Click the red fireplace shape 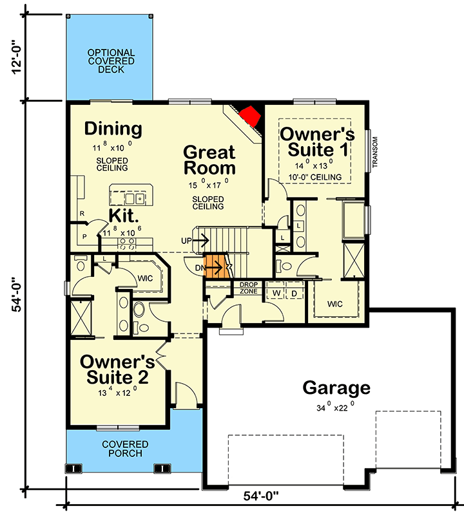tap(250, 116)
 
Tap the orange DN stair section tap(216, 266)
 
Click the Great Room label tap(209, 160)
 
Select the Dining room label tap(113, 129)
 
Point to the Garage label tap(336, 388)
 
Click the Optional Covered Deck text tap(111, 61)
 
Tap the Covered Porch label tap(125, 449)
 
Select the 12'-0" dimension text tap(17, 57)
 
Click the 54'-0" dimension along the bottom tap(261, 496)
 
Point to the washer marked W tap(276, 293)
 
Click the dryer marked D tap(294, 294)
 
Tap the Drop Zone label tap(249, 288)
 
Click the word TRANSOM tap(375, 152)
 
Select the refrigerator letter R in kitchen tap(82, 214)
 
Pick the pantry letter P tap(84, 236)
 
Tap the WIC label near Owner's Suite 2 tap(146, 279)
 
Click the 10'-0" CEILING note tap(315, 178)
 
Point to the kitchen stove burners tap(127, 244)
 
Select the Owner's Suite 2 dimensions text tap(117, 392)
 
